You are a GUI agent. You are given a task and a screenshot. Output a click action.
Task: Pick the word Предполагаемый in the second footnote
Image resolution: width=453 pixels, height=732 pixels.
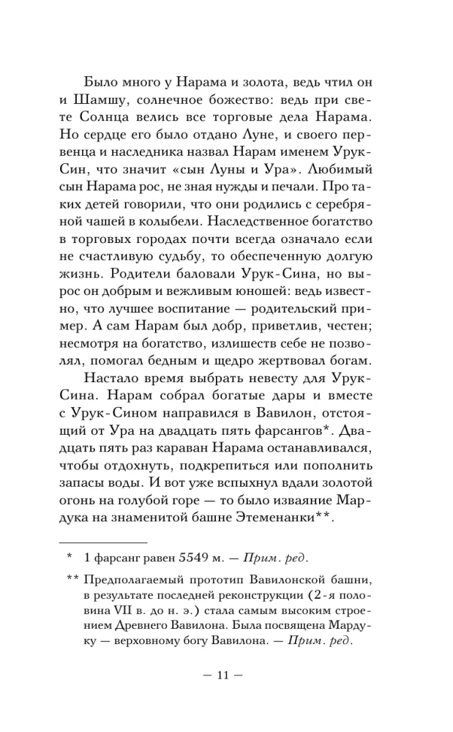pyautogui.click(x=132, y=575)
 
